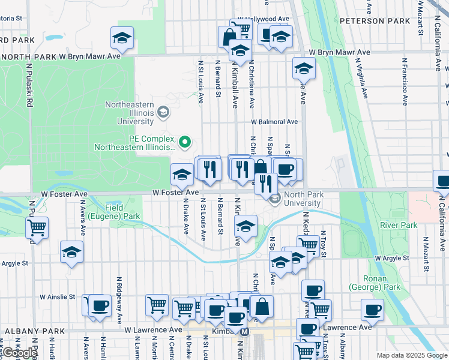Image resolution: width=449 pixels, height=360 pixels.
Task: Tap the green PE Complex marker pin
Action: pyautogui.click(x=185, y=142)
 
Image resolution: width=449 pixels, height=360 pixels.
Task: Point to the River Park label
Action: pyautogui.click(x=399, y=225)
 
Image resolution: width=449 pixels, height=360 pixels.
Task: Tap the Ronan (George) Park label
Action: pyautogui.click(x=382, y=283)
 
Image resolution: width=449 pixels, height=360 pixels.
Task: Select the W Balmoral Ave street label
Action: pyautogui.click(x=274, y=122)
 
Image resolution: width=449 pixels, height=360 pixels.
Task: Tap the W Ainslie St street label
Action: pyautogui.click(x=58, y=296)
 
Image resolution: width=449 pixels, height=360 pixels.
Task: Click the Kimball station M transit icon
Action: pyautogui.click(x=245, y=332)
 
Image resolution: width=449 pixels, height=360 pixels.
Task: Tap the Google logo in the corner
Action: pyautogui.click(x=19, y=353)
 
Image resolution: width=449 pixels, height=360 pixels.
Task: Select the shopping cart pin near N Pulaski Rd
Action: pyautogui.click(x=37, y=227)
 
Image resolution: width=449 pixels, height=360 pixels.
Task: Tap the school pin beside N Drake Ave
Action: pyautogui.click(x=182, y=174)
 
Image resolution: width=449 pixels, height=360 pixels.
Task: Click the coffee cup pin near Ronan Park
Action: pyautogui.click(x=372, y=310)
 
